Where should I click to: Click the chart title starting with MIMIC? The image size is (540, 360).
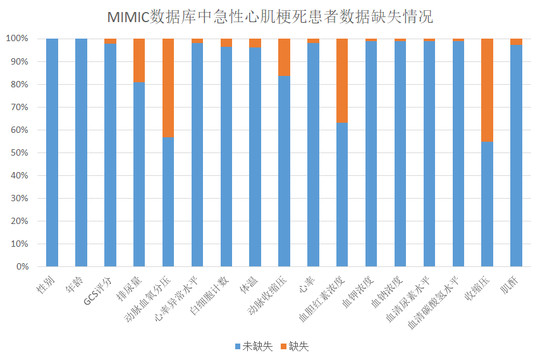[x=270, y=16]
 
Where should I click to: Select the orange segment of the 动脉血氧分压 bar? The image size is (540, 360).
[x=168, y=88]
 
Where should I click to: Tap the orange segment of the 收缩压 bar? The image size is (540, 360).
[x=487, y=90]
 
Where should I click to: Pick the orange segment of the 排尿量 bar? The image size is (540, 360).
[x=139, y=60]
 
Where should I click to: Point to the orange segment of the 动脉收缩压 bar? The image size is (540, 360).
[x=284, y=57]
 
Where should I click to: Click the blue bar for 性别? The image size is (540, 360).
[x=52, y=152]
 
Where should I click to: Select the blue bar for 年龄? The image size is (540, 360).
[x=81, y=152]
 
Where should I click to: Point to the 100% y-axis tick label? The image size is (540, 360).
[x=17, y=39]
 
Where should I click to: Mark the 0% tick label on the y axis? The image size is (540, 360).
[x=21, y=266]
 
